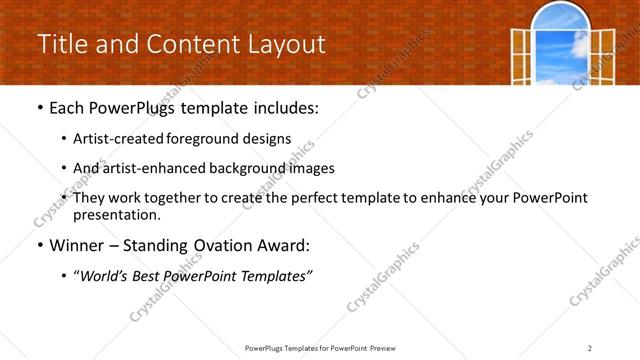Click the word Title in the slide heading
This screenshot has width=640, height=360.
pos(61,44)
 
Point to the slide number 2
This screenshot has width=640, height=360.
pos(590,348)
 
